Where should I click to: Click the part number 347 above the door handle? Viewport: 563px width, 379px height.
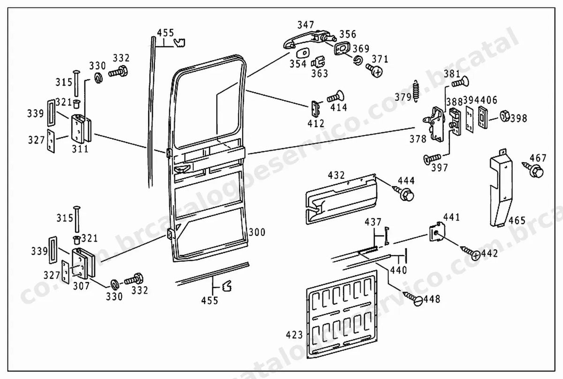(305, 25)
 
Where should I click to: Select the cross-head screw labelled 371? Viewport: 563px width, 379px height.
(374, 70)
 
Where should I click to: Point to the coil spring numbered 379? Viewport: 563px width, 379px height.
(416, 91)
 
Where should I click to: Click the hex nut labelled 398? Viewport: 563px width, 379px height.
(504, 116)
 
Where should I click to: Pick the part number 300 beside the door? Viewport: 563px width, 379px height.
(257, 232)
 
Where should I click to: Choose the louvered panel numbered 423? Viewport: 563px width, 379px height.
(342, 314)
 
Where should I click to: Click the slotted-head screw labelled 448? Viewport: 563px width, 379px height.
(413, 298)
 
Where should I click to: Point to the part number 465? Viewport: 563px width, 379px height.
(517, 220)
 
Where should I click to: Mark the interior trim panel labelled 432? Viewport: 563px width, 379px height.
(342, 199)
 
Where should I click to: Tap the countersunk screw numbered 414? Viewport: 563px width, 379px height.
(335, 97)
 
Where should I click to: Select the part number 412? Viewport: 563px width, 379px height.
(316, 124)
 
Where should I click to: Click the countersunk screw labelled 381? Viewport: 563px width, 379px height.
(460, 82)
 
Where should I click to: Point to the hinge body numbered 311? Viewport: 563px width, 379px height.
(81, 129)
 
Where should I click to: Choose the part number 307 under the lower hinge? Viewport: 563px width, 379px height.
(81, 286)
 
